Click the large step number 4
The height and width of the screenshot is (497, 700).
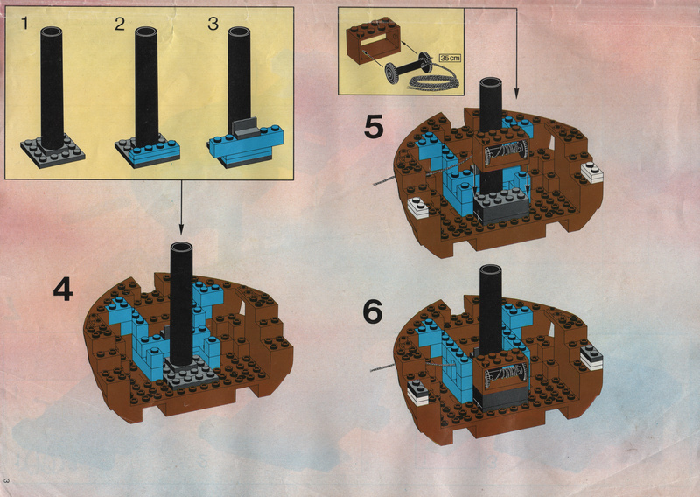coord(63,289)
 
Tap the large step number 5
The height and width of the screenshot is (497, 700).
coord(374,126)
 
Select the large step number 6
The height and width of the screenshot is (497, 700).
coord(373,311)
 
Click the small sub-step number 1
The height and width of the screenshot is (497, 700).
coord(24,24)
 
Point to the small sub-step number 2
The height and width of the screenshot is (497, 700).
coord(120,24)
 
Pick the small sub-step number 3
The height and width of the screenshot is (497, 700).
coord(213,24)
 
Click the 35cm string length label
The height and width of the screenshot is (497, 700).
coord(450,58)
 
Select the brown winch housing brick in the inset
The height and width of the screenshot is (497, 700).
coord(374,40)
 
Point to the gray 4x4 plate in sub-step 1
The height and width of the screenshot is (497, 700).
coord(52,153)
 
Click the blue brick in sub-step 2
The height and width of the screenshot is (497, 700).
coord(155,149)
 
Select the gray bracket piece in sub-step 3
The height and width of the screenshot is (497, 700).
coord(245,128)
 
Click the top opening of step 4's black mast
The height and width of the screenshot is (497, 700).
coord(181,248)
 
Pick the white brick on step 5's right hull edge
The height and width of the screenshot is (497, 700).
coord(592,171)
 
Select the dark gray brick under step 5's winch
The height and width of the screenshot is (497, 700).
coord(501,206)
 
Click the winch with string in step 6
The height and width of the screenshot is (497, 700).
coord(500,373)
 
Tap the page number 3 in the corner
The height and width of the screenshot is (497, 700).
coord(6,481)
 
